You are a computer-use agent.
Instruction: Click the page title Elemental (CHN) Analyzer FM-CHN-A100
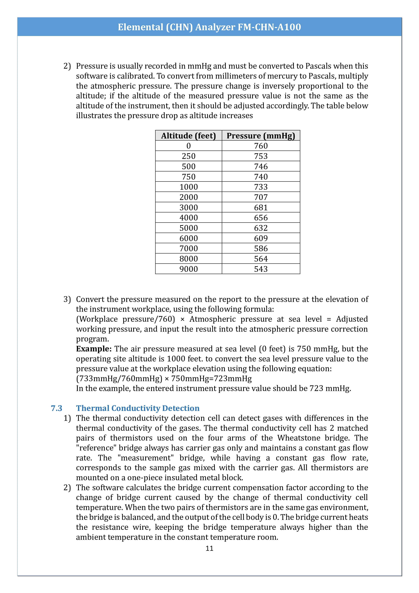coord(209,27)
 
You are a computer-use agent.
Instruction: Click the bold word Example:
coord(94,349)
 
